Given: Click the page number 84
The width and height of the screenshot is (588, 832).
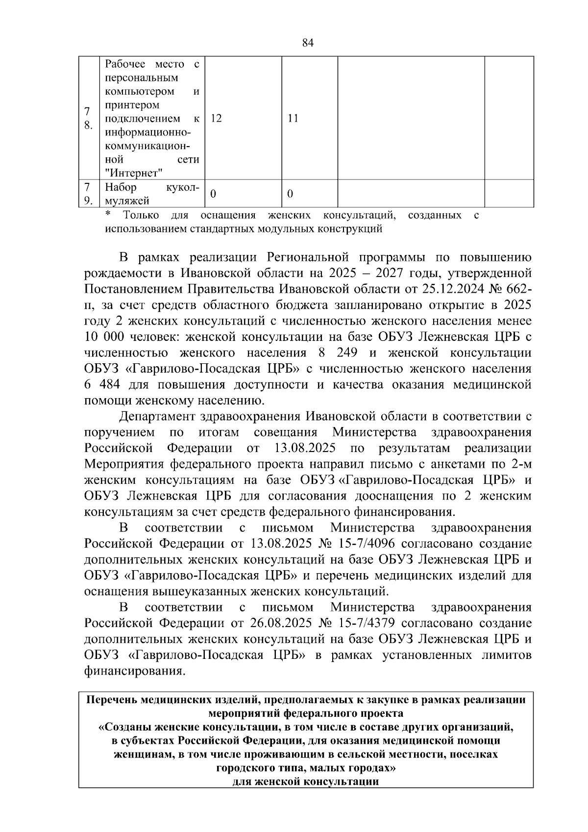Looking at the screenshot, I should click(x=307, y=43).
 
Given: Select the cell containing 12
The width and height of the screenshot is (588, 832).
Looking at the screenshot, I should click(x=216, y=118).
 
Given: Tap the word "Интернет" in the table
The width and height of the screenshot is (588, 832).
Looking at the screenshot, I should click(x=133, y=173).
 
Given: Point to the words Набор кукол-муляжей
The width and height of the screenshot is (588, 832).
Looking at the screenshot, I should click(x=152, y=194).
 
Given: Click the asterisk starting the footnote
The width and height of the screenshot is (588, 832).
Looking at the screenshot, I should click(x=108, y=215).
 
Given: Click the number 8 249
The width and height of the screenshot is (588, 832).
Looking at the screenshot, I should click(x=338, y=353).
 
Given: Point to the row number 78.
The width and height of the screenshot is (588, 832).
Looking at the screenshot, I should click(x=88, y=118).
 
